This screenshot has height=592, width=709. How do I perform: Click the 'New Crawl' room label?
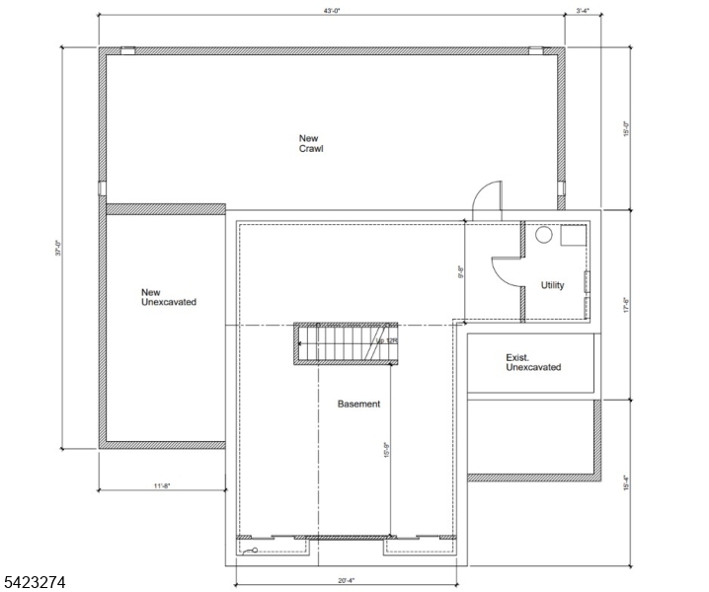point(312,143)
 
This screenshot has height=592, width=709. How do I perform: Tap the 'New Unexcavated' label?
point(168,296)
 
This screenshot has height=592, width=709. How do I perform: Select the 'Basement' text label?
point(358,404)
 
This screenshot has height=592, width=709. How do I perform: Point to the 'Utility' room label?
point(553,286)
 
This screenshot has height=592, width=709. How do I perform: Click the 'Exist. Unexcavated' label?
point(533,362)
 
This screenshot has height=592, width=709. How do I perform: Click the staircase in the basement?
point(346,343)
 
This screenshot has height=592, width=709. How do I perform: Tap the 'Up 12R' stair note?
point(385,341)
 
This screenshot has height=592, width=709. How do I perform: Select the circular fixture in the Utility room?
point(543,237)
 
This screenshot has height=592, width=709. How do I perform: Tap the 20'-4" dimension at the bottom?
point(346,581)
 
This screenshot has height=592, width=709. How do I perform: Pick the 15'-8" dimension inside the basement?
point(387,450)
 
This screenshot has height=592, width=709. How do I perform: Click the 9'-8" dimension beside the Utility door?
point(460,269)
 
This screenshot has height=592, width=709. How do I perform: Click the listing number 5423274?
point(35,583)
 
